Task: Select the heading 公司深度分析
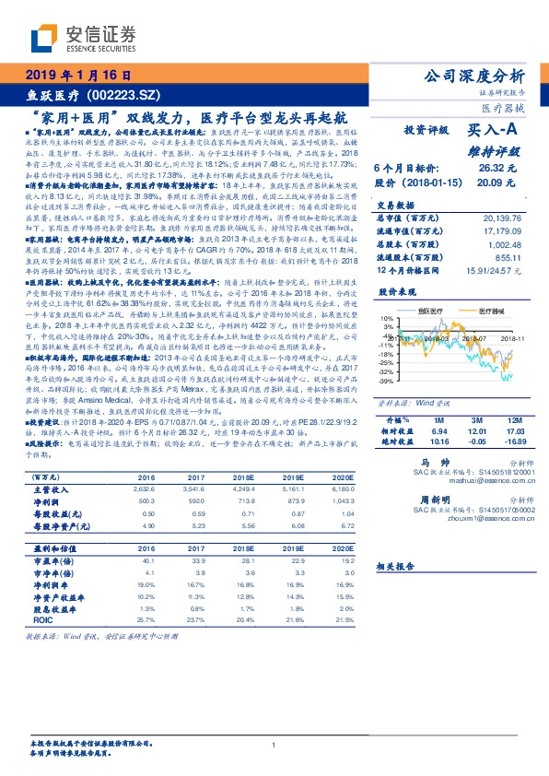(x=473, y=76)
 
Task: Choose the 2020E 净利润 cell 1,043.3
(x=339, y=501)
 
